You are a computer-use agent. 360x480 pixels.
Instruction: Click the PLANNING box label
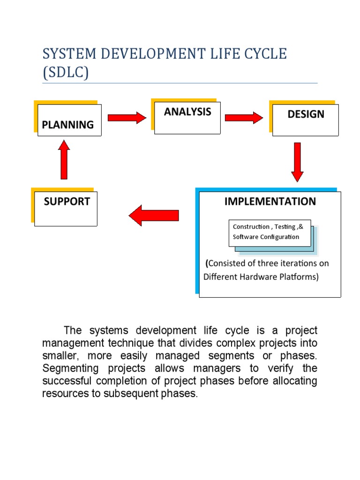point(67,125)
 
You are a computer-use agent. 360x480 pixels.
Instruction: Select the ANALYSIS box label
point(187,112)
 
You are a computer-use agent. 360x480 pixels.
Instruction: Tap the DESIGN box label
point(306,114)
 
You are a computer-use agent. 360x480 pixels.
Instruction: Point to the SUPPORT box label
point(67,202)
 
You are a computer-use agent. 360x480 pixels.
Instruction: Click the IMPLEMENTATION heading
point(270,202)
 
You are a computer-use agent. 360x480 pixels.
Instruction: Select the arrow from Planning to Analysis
point(127,117)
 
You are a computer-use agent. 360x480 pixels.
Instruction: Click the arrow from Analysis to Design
point(244,117)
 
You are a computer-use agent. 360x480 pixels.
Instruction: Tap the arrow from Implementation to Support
point(154,215)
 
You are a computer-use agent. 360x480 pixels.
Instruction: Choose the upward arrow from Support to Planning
point(64,160)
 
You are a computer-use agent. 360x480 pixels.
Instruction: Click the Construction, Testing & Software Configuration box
point(269,232)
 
